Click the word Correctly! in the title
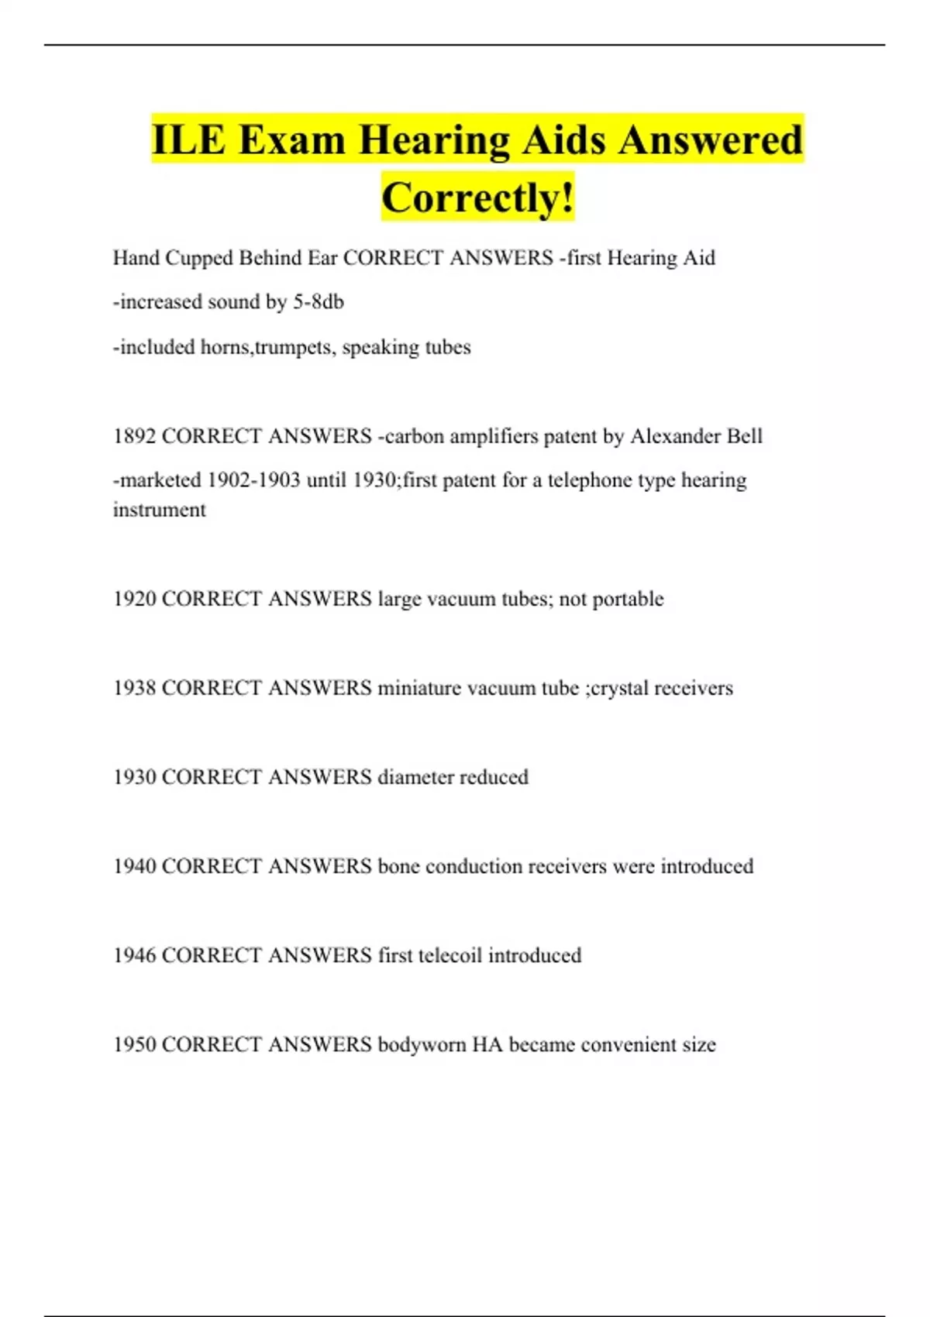click(x=477, y=198)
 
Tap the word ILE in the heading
click(x=188, y=140)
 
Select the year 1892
click(x=135, y=436)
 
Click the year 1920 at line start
click(x=135, y=599)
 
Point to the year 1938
click(x=135, y=688)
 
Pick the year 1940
click(x=135, y=866)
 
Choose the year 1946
click(x=135, y=955)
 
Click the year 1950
click(x=135, y=1044)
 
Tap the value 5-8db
click(x=318, y=302)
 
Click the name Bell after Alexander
click(x=744, y=436)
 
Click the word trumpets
click(x=294, y=347)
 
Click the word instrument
click(x=159, y=510)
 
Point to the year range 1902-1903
click(x=253, y=480)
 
